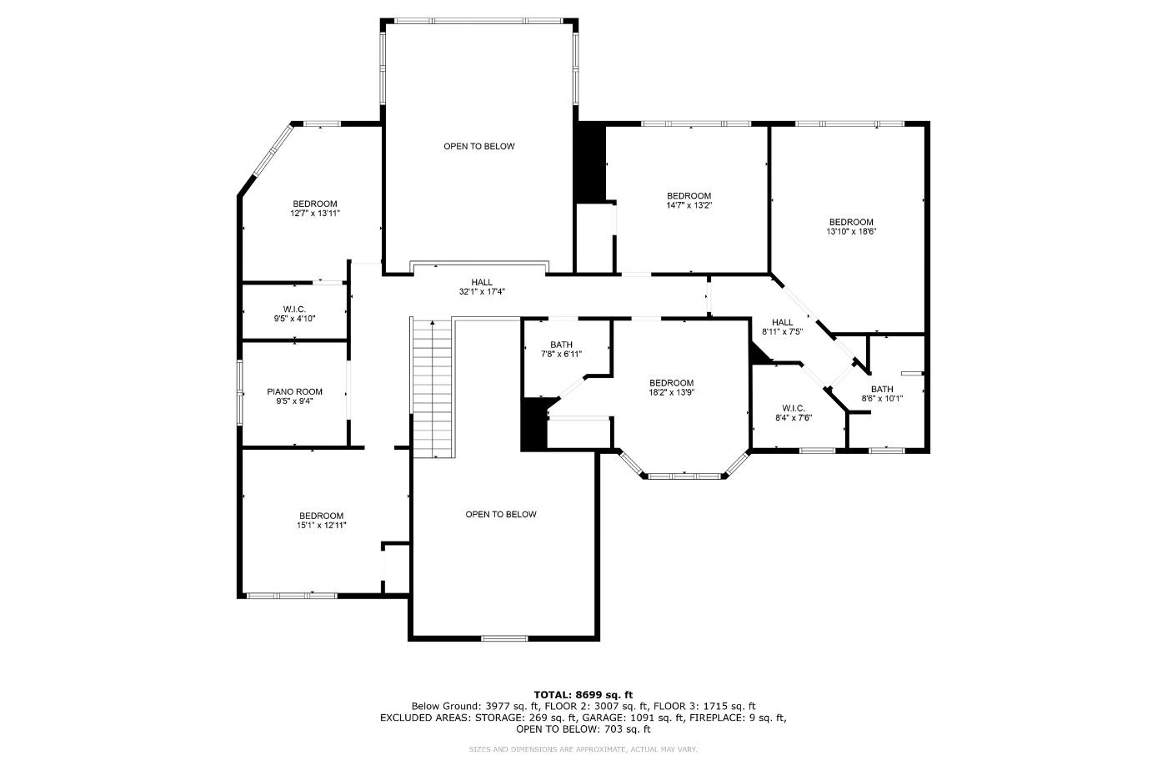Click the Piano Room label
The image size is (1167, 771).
coord(294,392)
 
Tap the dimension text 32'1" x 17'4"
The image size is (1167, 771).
coord(482,292)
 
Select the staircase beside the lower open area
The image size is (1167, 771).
coord(432,388)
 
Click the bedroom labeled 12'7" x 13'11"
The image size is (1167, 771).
coord(315,209)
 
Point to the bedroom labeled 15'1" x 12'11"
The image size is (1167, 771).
coord(321,521)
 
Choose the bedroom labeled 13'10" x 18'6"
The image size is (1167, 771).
coord(850,226)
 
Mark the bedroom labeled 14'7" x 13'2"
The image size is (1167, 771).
coord(689,200)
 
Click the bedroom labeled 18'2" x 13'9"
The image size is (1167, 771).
coord(671,387)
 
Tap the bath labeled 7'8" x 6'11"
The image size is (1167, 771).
coord(561,349)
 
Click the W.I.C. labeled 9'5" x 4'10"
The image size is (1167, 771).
coord(294,314)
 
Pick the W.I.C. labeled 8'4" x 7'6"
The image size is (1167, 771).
coord(793,413)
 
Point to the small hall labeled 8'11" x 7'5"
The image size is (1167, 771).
coord(782,326)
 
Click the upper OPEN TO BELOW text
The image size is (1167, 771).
coord(478,147)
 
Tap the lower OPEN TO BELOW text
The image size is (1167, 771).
coord(500,515)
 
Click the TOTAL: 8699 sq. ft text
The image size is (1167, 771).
coord(583,694)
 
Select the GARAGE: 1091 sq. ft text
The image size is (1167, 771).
coord(640,718)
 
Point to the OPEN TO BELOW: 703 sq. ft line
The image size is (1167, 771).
coord(583,729)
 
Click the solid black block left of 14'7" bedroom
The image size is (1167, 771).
coord(590,163)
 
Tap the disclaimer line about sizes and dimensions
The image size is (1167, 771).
coord(583,750)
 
